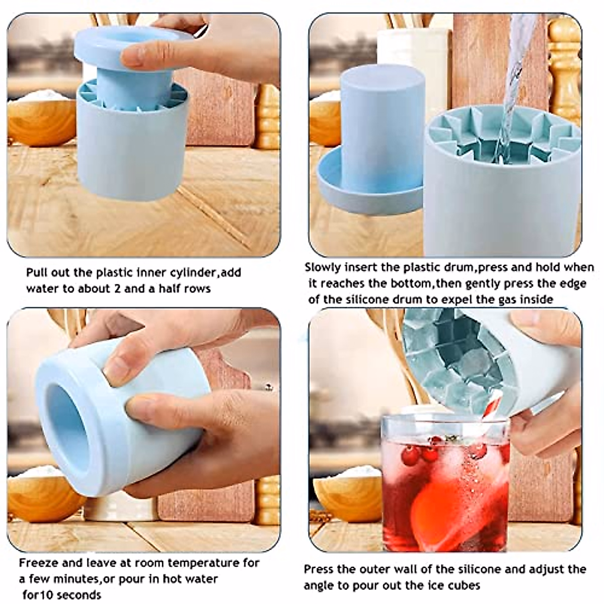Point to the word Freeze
coord(38,554)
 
